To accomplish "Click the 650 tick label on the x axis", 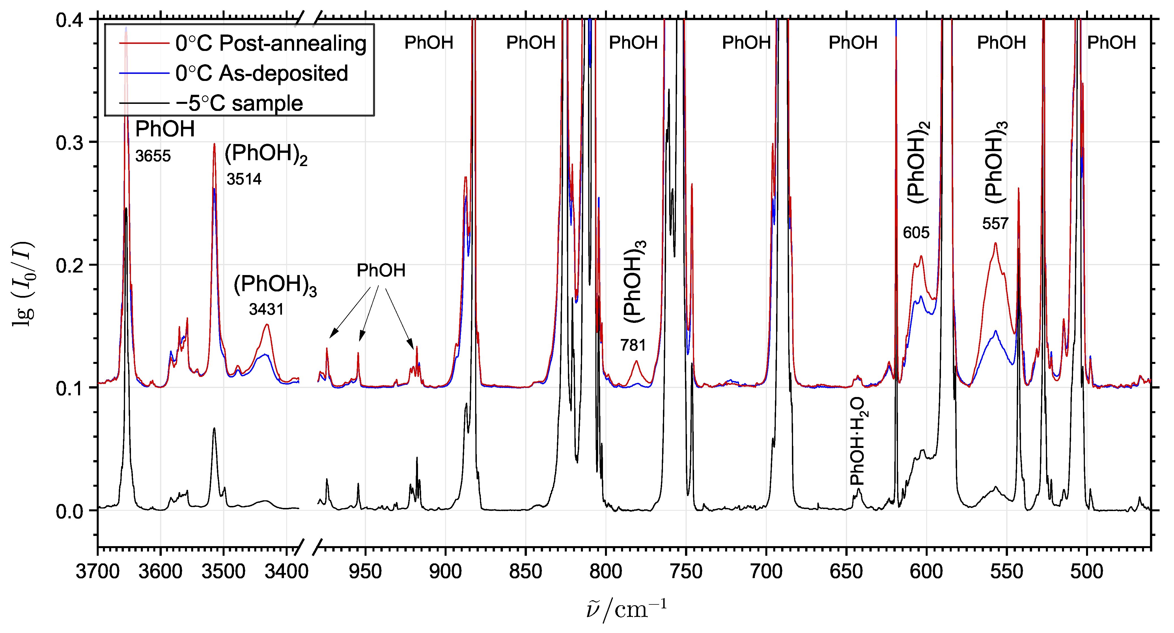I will [x=846, y=571].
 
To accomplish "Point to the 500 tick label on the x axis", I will [x=1087, y=571].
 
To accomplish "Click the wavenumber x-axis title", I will [x=627, y=610].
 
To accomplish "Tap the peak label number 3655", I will [x=153, y=156].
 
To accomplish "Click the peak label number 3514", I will [x=244, y=179].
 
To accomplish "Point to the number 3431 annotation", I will [x=266, y=309].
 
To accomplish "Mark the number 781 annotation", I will [x=633, y=345].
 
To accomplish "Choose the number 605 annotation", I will [x=916, y=233].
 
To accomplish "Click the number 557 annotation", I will [x=995, y=224].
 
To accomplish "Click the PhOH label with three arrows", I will [x=381, y=271].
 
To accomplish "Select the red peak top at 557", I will [x=995, y=243].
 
